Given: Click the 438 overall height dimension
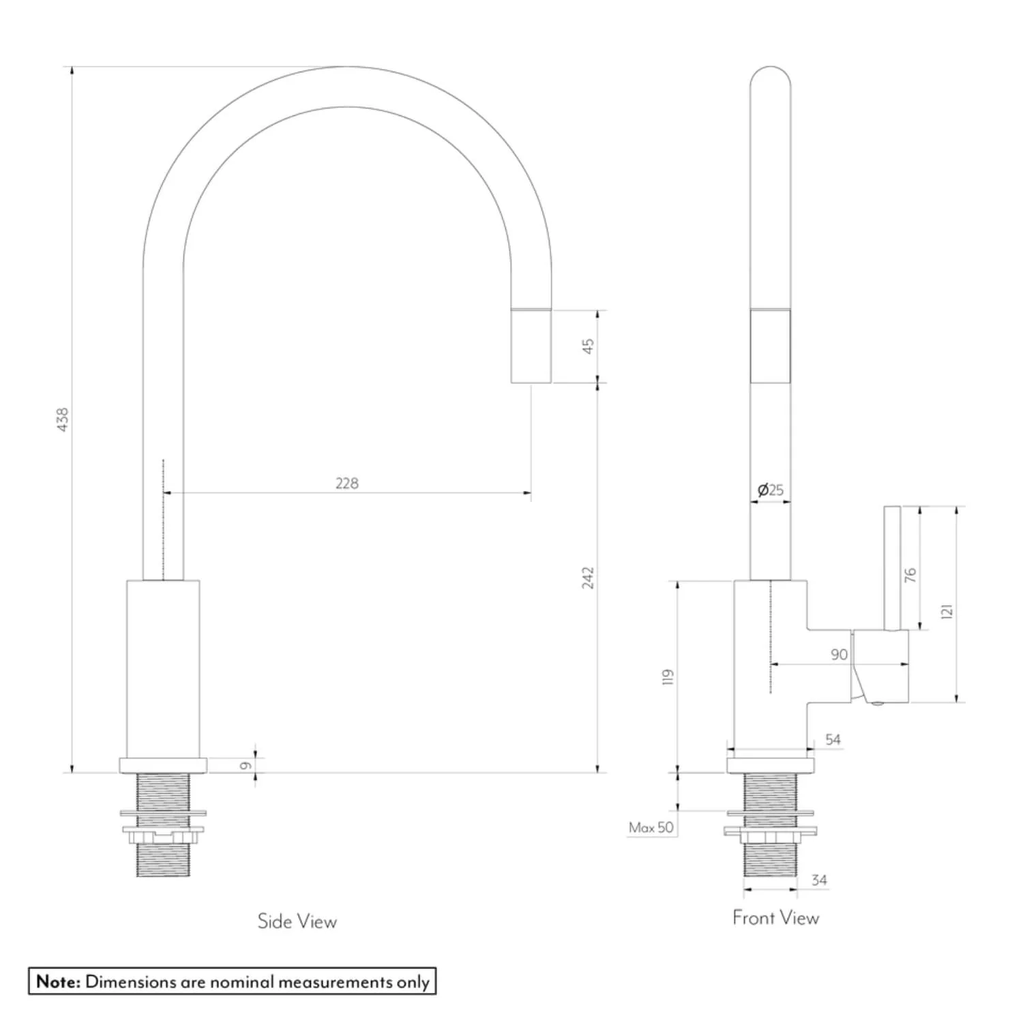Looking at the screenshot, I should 62,419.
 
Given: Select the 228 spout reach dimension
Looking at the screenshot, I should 346,484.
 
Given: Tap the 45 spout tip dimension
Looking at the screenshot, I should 588,346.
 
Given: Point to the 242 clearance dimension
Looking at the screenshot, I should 588,578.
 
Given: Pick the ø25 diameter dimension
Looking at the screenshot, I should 771,490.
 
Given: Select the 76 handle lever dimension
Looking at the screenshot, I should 910,575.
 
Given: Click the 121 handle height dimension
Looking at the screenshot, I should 946,611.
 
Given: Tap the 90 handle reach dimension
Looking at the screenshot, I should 839,655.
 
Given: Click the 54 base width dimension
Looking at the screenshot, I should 833,739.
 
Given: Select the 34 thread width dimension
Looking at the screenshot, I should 819,880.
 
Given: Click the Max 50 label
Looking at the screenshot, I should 651,828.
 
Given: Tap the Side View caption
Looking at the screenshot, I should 297,921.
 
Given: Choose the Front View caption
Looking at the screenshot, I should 775,918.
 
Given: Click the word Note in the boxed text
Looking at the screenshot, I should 58,982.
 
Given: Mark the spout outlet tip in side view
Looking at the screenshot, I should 531,346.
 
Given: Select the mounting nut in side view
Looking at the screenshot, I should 163,834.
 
